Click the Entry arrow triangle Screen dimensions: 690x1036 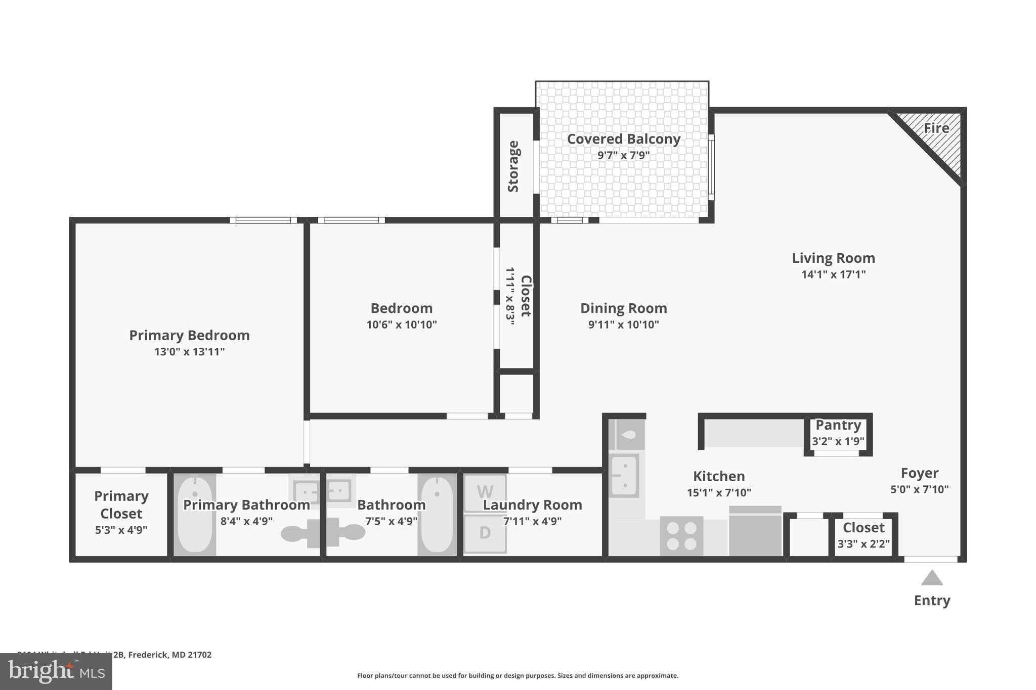pyautogui.click(x=932, y=578)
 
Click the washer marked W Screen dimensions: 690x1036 pyautogui.click(x=485, y=492)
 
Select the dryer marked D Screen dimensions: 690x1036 pyautogui.click(x=485, y=533)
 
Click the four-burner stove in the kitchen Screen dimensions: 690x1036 pyautogui.click(x=681, y=536)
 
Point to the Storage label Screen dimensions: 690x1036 pyautogui.click(x=513, y=166)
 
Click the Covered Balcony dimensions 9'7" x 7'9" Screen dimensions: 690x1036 pyautogui.click(x=623, y=155)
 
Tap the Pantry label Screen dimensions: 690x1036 pyautogui.click(x=838, y=425)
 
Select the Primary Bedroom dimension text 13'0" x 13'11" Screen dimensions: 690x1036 pyautogui.click(x=190, y=352)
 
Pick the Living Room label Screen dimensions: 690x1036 pyautogui.click(x=833, y=258)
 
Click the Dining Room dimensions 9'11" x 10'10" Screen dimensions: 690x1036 pyautogui.click(x=623, y=325)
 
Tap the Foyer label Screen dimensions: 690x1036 pyautogui.click(x=919, y=473)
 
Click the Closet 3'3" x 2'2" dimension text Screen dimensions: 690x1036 pyautogui.click(x=864, y=544)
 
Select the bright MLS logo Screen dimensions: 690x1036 pyautogui.click(x=56, y=671)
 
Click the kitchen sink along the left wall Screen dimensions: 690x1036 pyautogui.click(x=625, y=476)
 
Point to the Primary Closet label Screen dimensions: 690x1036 pyautogui.click(x=121, y=504)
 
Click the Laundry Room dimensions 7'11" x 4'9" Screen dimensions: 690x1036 pyautogui.click(x=532, y=521)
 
